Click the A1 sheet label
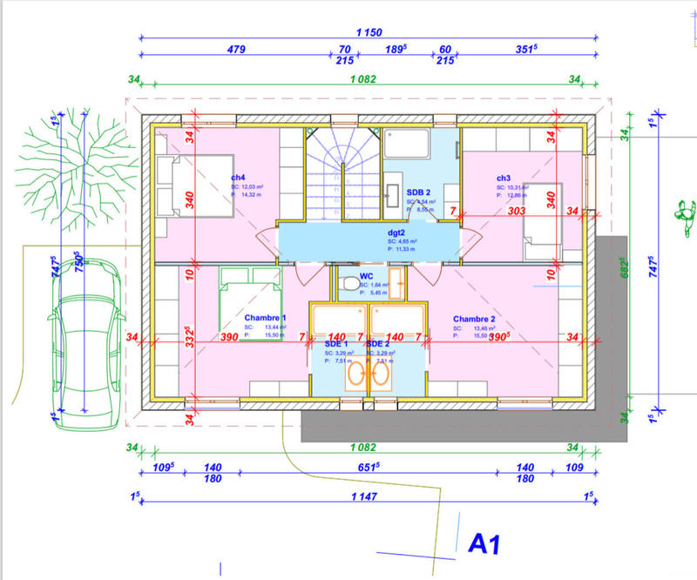[x=486, y=543]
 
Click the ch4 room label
[x=238, y=178]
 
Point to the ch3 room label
[x=504, y=178]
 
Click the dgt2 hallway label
[x=398, y=233]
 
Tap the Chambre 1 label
[x=265, y=318]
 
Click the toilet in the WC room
[x=348, y=285]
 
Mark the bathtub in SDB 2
[x=408, y=144]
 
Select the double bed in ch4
[x=196, y=189]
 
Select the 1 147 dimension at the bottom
[x=364, y=496]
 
